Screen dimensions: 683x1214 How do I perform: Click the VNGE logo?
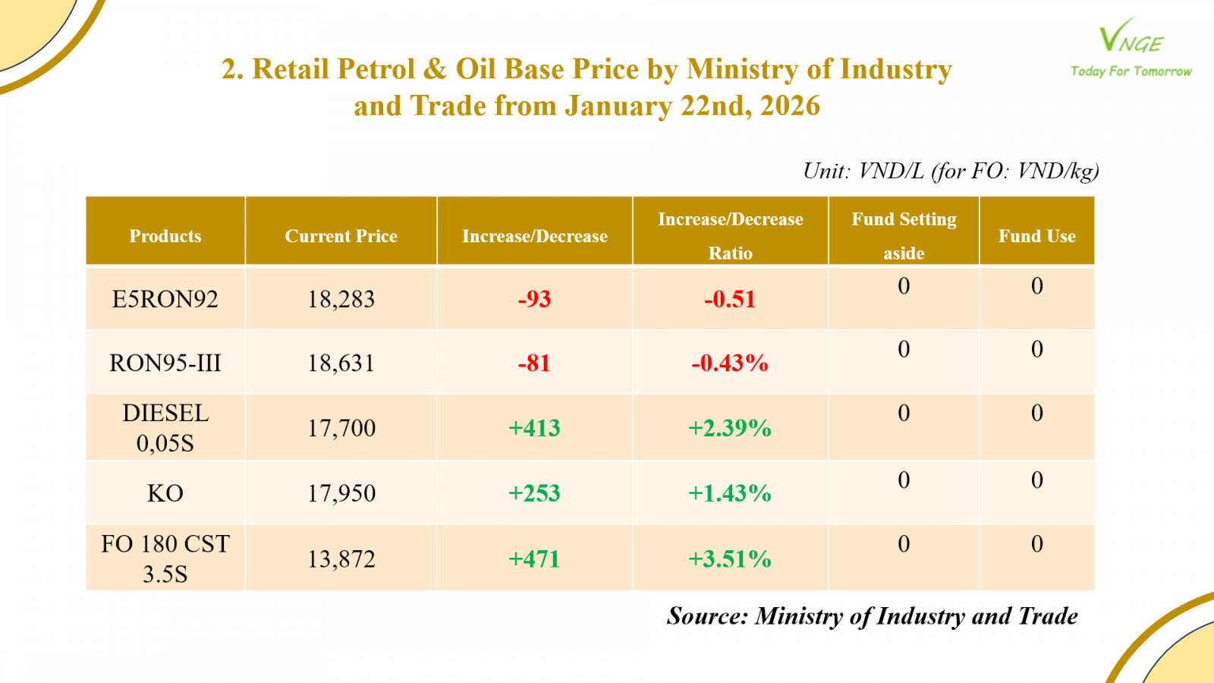pyautogui.click(x=1131, y=47)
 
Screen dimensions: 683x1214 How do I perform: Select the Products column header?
pyautogui.click(x=165, y=236)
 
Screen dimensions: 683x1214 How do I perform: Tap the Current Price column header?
pyautogui.click(x=341, y=236)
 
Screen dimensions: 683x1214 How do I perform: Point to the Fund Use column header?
pyautogui.click(x=1036, y=236)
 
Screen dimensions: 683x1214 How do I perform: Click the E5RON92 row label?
pyautogui.click(x=165, y=299)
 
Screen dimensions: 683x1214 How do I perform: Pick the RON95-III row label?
pyautogui.click(x=165, y=363)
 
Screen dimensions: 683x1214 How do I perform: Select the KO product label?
pyautogui.click(x=165, y=493)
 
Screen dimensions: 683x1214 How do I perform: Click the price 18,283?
pyautogui.click(x=341, y=299)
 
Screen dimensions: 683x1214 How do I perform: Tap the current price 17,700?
pyautogui.click(x=341, y=428)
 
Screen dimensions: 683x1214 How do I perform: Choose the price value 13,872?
pyautogui.click(x=341, y=559)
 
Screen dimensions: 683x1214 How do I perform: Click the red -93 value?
pyautogui.click(x=534, y=299)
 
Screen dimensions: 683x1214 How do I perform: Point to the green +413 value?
pyautogui.click(x=534, y=428)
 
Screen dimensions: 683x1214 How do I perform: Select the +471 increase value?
pyautogui.click(x=534, y=559)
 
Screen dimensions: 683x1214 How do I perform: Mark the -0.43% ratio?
pyautogui.click(x=730, y=363)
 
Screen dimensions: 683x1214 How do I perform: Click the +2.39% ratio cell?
pyautogui.click(x=730, y=428)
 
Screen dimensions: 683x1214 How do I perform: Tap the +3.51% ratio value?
pyautogui.click(x=730, y=559)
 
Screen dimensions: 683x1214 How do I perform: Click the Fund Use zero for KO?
pyautogui.click(x=1036, y=480)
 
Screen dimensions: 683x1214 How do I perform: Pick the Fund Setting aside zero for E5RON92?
pyautogui.click(x=904, y=286)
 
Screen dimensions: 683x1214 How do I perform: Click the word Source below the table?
pyautogui.click(x=708, y=616)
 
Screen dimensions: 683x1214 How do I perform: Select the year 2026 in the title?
pyautogui.click(x=790, y=106)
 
